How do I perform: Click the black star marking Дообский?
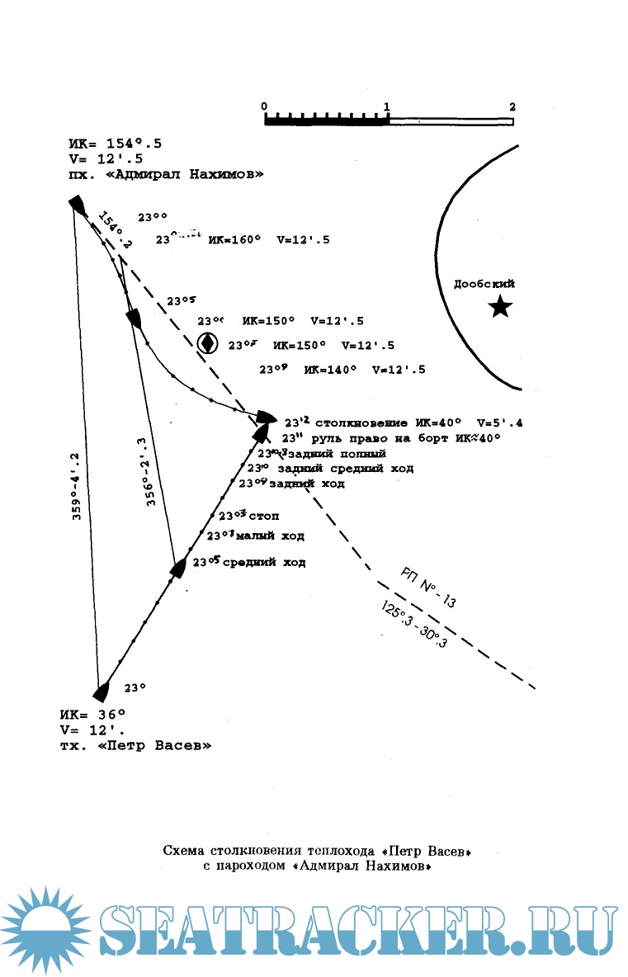[500, 308]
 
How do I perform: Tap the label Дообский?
[484, 284]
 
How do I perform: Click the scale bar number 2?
[512, 106]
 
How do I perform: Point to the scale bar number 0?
[264, 106]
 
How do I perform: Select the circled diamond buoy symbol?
[208, 342]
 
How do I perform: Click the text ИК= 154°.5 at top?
[116, 144]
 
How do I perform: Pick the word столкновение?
[361, 422]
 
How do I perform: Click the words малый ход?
[272, 536]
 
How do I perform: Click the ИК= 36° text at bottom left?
[92, 713]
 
